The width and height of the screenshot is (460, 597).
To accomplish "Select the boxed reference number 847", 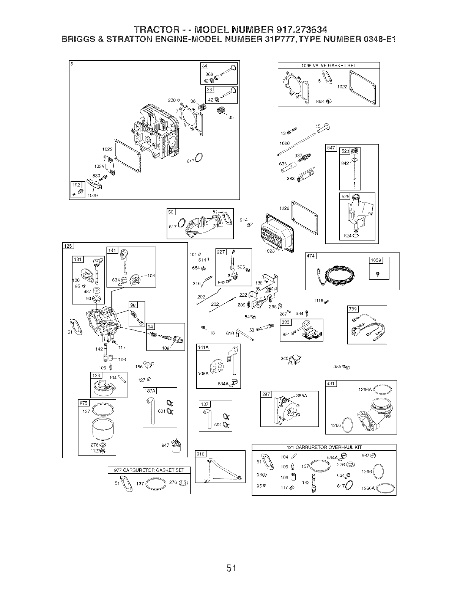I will click(331, 148).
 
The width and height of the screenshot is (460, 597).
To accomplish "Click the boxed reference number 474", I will click(311, 256).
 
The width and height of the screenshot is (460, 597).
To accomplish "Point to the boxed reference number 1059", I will click(376, 260).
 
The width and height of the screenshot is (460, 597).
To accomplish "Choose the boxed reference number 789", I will click(353, 309).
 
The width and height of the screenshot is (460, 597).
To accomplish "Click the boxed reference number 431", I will click(331, 384).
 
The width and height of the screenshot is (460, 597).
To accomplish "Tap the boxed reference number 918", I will click(200, 454).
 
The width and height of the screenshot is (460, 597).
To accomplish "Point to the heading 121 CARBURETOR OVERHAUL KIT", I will click(324, 447).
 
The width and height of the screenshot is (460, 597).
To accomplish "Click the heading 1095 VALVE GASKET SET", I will click(329, 65).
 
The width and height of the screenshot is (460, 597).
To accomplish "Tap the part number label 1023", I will click(269, 251).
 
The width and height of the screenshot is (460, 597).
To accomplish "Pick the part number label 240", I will click(284, 358).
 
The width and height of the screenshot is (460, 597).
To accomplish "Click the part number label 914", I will click(244, 220).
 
